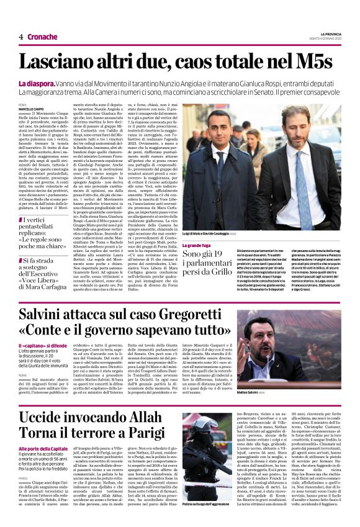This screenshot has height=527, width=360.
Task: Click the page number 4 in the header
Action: click(x=20, y=37)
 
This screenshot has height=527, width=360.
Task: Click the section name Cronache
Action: click(x=42, y=37)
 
